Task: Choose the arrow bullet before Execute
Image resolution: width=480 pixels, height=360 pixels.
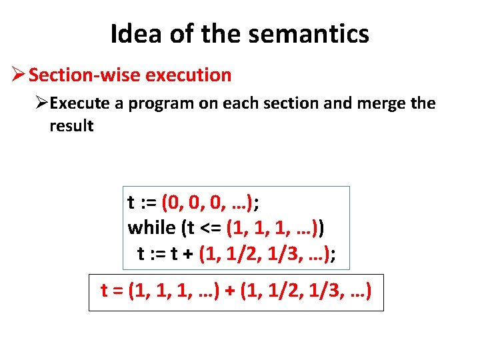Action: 42,103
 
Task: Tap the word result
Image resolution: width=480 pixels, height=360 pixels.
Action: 71,125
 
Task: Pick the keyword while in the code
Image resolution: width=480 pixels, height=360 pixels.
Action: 151,227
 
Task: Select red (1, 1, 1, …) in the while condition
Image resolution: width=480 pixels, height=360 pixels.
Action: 272,227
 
